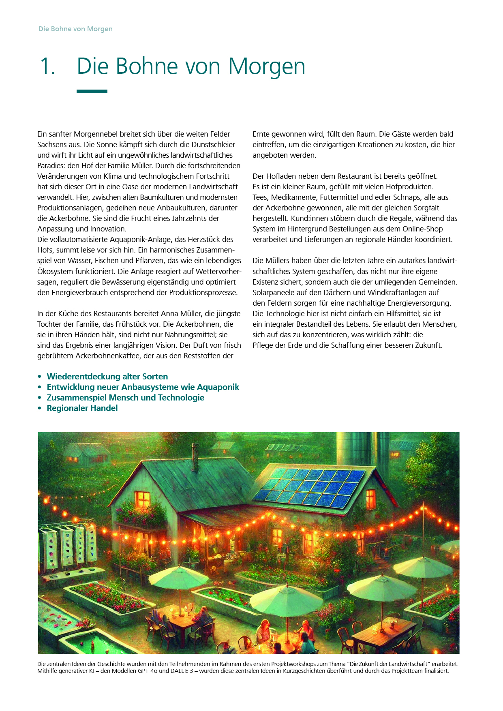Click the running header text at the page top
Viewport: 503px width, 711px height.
(x=75, y=29)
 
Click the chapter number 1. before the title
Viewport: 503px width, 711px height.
(x=47, y=66)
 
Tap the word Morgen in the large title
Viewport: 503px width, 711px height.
(x=266, y=66)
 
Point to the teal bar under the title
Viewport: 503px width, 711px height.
(x=92, y=92)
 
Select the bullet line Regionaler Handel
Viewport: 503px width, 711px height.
(x=82, y=408)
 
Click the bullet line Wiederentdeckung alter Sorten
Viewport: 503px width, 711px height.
(x=107, y=377)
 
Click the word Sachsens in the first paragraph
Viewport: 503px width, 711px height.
(x=51, y=145)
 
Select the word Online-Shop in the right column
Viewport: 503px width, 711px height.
(x=422, y=229)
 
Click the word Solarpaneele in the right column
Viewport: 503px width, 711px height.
(x=273, y=293)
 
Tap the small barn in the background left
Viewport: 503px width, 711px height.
(x=86, y=454)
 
